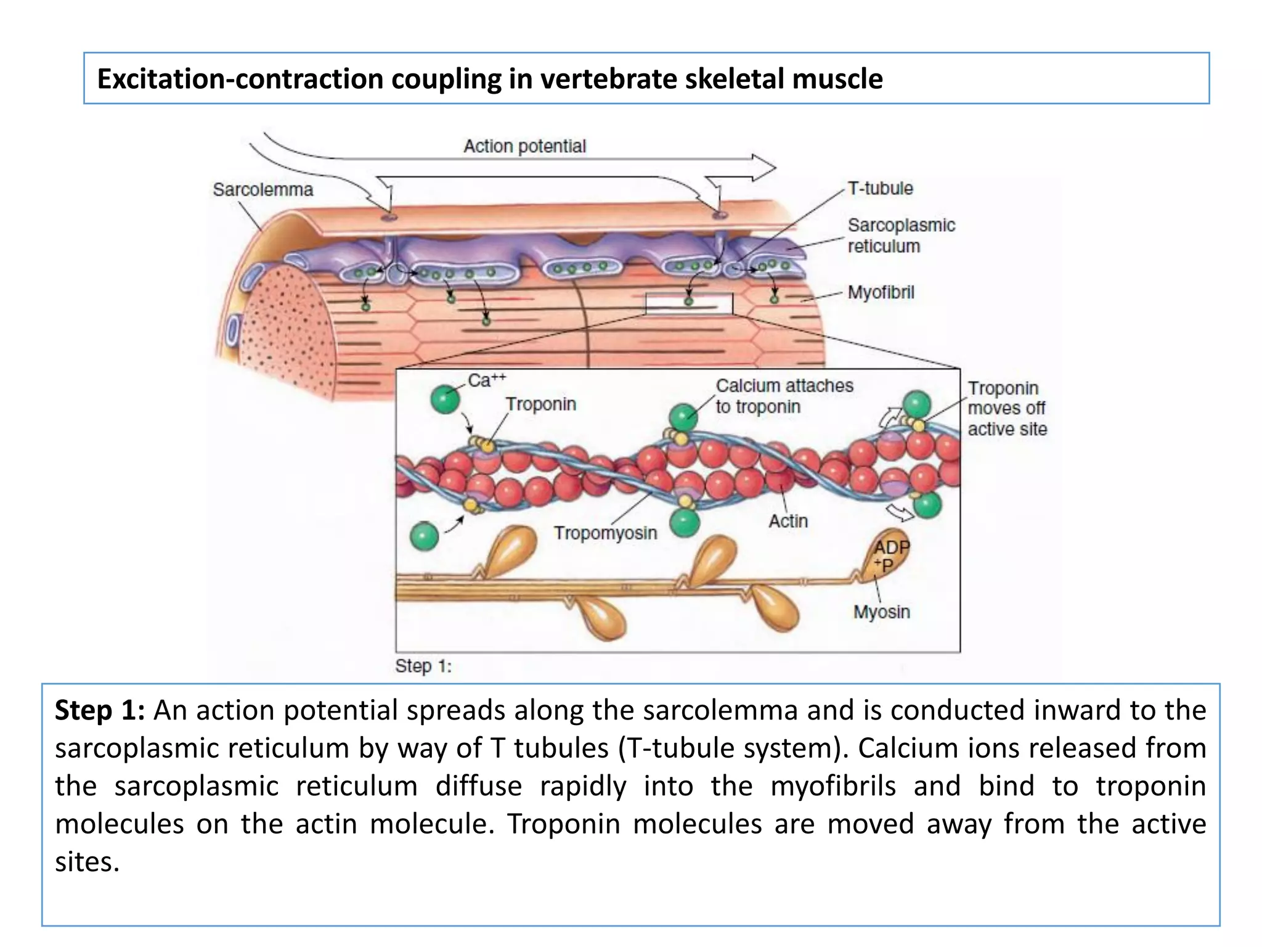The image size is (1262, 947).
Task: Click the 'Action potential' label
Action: click(524, 146)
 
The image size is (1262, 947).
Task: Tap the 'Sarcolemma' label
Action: click(263, 189)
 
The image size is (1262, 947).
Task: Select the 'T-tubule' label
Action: click(880, 188)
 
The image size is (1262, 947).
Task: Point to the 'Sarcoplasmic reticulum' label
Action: click(901, 236)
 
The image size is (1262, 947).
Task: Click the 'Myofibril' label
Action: click(881, 292)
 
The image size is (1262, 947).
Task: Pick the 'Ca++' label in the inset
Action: click(487, 380)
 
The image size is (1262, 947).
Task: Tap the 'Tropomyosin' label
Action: click(605, 533)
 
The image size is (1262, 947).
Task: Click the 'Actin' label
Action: click(788, 521)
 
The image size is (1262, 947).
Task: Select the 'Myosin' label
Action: click(881, 612)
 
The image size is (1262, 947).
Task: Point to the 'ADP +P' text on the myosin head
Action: click(891, 555)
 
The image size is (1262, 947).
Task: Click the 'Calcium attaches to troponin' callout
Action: click(784, 396)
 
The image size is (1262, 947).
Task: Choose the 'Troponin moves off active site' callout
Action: click(1007, 408)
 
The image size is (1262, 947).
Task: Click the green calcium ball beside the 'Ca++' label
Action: click(445, 398)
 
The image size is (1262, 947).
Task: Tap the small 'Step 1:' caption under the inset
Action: click(423, 666)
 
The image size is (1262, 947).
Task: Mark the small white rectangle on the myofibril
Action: click(689, 304)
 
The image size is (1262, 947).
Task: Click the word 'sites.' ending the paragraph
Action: click(87, 861)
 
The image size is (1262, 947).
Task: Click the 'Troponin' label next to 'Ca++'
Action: click(541, 404)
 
